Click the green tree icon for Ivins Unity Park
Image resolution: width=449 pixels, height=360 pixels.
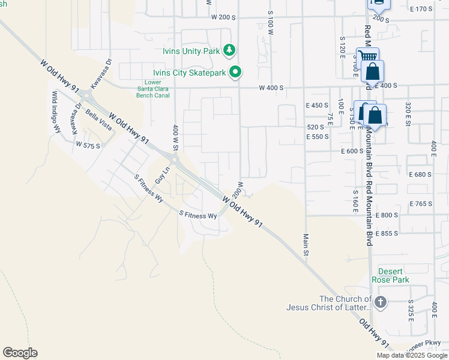tap(229, 50)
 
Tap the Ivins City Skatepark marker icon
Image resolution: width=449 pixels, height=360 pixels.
tap(236, 73)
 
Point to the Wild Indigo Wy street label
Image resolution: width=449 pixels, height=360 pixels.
tap(57, 112)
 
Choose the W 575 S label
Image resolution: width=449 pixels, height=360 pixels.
tap(88, 145)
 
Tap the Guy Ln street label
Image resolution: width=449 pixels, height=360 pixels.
tap(160, 176)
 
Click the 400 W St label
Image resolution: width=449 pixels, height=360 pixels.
tap(176, 138)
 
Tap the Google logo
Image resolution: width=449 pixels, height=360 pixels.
tap(20, 353)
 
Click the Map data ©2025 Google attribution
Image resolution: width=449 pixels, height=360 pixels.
tap(412, 355)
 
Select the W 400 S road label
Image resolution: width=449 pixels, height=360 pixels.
tap(271, 88)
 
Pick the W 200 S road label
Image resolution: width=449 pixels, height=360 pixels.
tap(223, 17)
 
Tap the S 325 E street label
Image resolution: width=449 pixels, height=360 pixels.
tap(411, 310)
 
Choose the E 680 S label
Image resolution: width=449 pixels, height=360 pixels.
tap(420, 175)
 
